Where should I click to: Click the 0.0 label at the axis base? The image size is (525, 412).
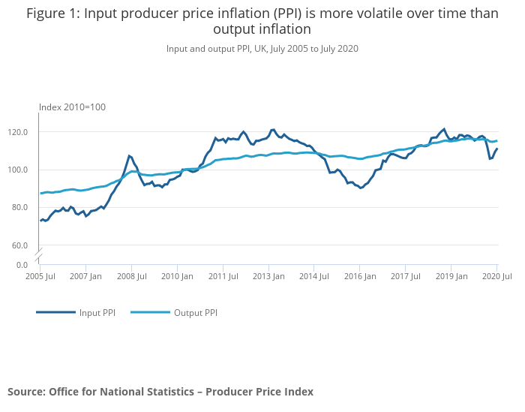(22, 265)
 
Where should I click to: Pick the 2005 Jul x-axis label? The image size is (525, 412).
(40, 277)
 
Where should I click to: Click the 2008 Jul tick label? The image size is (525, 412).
(131, 277)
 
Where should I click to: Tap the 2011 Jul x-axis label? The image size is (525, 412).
(223, 277)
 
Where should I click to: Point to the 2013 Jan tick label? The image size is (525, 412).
(268, 277)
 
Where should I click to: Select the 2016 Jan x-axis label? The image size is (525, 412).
(360, 277)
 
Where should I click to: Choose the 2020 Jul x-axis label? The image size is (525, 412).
(496, 277)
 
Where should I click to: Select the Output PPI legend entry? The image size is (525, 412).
(195, 313)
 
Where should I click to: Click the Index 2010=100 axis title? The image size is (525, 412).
(72, 107)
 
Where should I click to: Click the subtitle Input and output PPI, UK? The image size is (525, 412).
(262, 49)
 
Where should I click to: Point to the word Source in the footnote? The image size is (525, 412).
(25, 392)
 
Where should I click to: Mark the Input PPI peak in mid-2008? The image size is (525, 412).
(129, 155)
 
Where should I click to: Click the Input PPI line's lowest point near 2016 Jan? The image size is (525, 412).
(361, 188)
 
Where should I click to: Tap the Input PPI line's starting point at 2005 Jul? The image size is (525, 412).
(40, 221)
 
